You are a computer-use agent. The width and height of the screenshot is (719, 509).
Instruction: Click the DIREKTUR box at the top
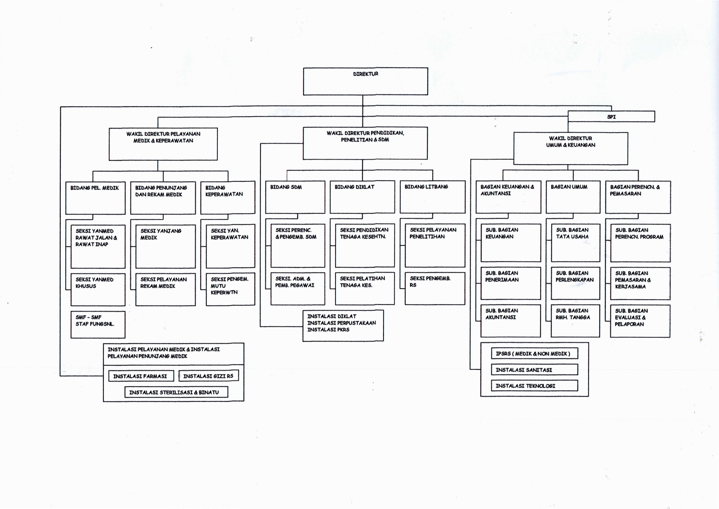[x=365, y=81]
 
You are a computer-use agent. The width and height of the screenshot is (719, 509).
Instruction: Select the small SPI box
[x=611, y=117]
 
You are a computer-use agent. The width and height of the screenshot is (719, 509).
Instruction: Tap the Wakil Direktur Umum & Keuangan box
[x=571, y=148]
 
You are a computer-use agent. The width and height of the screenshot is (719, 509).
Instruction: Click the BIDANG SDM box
[x=295, y=197]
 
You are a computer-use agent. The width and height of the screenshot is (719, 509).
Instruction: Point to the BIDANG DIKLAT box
[x=362, y=197]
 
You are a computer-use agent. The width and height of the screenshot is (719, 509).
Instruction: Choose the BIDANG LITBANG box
[x=432, y=197]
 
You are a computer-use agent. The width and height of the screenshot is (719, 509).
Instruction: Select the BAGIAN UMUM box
[x=573, y=197]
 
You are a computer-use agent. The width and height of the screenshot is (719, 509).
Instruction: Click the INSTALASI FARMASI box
[x=141, y=376]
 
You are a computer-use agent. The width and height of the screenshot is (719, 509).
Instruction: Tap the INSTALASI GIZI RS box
[x=208, y=376]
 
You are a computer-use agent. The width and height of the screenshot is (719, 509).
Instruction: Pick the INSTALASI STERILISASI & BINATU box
[x=176, y=392]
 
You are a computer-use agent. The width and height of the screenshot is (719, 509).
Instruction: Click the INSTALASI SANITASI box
[x=534, y=370]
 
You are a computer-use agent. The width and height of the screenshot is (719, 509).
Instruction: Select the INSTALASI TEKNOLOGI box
[x=534, y=386]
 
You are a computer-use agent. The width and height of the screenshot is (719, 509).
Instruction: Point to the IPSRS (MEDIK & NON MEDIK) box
[x=534, y=353]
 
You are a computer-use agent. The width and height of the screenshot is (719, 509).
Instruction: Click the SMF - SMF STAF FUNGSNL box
[x=98, y=324]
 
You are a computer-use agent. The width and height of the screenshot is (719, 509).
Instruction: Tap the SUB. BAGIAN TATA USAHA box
[x=575, y=243]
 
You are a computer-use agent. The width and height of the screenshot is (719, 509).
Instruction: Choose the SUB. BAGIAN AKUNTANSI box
[x=510, y=321]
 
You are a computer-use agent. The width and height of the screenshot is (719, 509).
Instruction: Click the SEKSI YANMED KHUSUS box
[x=98, y=289]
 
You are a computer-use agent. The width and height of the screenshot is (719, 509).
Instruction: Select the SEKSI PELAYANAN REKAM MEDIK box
[x=165, y=289]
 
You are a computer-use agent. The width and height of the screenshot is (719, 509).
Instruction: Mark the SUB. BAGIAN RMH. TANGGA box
[x=575, y=321]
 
